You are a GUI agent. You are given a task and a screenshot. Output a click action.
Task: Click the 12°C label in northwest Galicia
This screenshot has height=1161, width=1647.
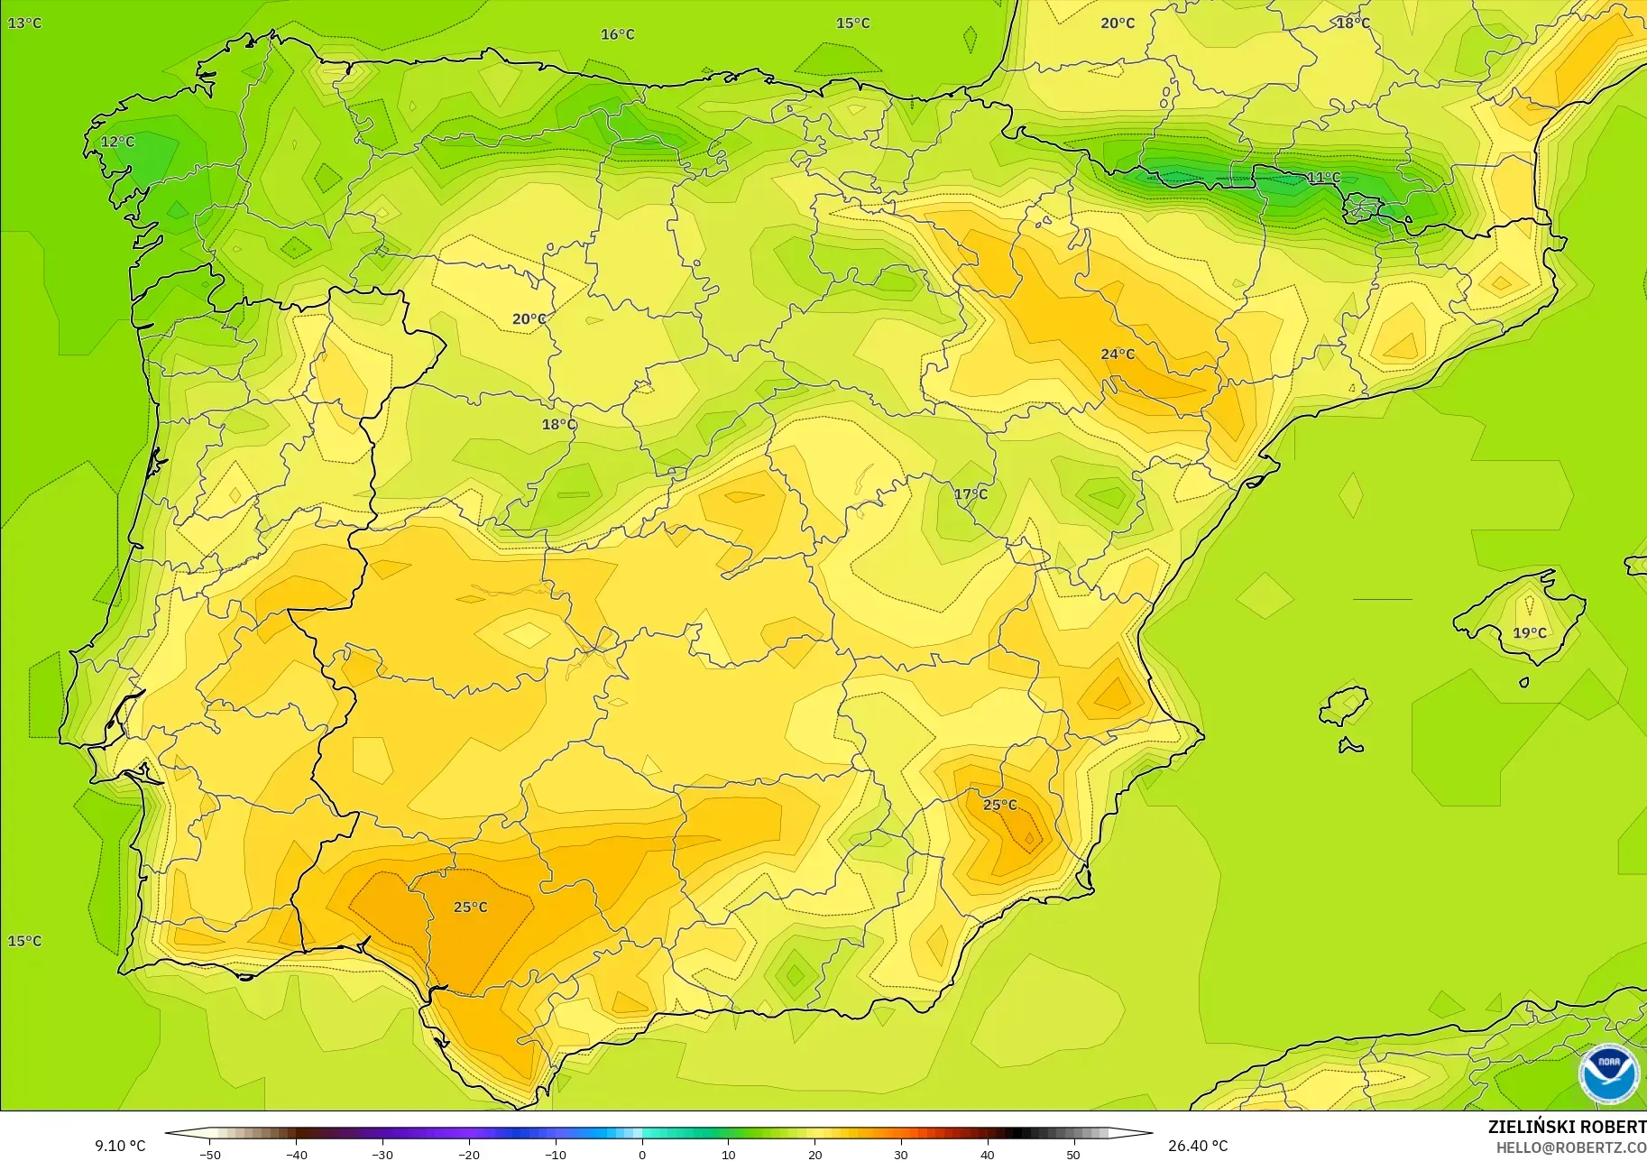point(117,142)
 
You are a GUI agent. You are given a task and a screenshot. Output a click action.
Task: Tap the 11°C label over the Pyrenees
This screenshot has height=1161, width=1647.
point(1323,178)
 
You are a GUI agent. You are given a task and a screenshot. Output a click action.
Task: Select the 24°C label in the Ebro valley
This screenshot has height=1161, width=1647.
point(1117,354)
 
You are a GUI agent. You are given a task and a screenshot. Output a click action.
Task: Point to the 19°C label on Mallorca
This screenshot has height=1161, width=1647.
point(1529,632)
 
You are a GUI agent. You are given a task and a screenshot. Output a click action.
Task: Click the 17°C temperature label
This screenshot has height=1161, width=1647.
point(971,493)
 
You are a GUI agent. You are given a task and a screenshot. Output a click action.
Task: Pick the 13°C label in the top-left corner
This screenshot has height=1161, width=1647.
point(24,23)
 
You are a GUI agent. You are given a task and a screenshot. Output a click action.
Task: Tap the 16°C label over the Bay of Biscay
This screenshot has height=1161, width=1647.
point(618,34)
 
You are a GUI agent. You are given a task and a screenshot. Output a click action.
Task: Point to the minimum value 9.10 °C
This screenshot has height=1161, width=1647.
point(120,1146)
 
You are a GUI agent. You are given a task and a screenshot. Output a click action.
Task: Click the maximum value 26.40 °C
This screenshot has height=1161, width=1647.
point(1198,1146)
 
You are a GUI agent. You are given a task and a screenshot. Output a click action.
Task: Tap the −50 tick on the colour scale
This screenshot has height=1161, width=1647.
point(209,1154)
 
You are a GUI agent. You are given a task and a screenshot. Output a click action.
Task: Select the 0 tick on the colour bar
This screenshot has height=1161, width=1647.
point(642,1154)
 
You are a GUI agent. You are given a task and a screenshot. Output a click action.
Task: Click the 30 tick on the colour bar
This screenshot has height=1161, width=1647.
point(901,1154)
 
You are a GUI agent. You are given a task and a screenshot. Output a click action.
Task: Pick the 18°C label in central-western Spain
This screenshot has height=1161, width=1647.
point(558,424)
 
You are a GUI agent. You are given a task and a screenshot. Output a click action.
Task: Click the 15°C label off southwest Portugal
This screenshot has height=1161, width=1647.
point(24,941)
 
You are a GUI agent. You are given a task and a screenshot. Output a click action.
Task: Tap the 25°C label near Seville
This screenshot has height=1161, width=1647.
point(470,907)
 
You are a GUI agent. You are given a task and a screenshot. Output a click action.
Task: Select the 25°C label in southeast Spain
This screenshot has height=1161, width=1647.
point(999,805)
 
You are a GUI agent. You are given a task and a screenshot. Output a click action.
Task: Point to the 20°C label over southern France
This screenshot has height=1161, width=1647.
point(1117,23)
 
